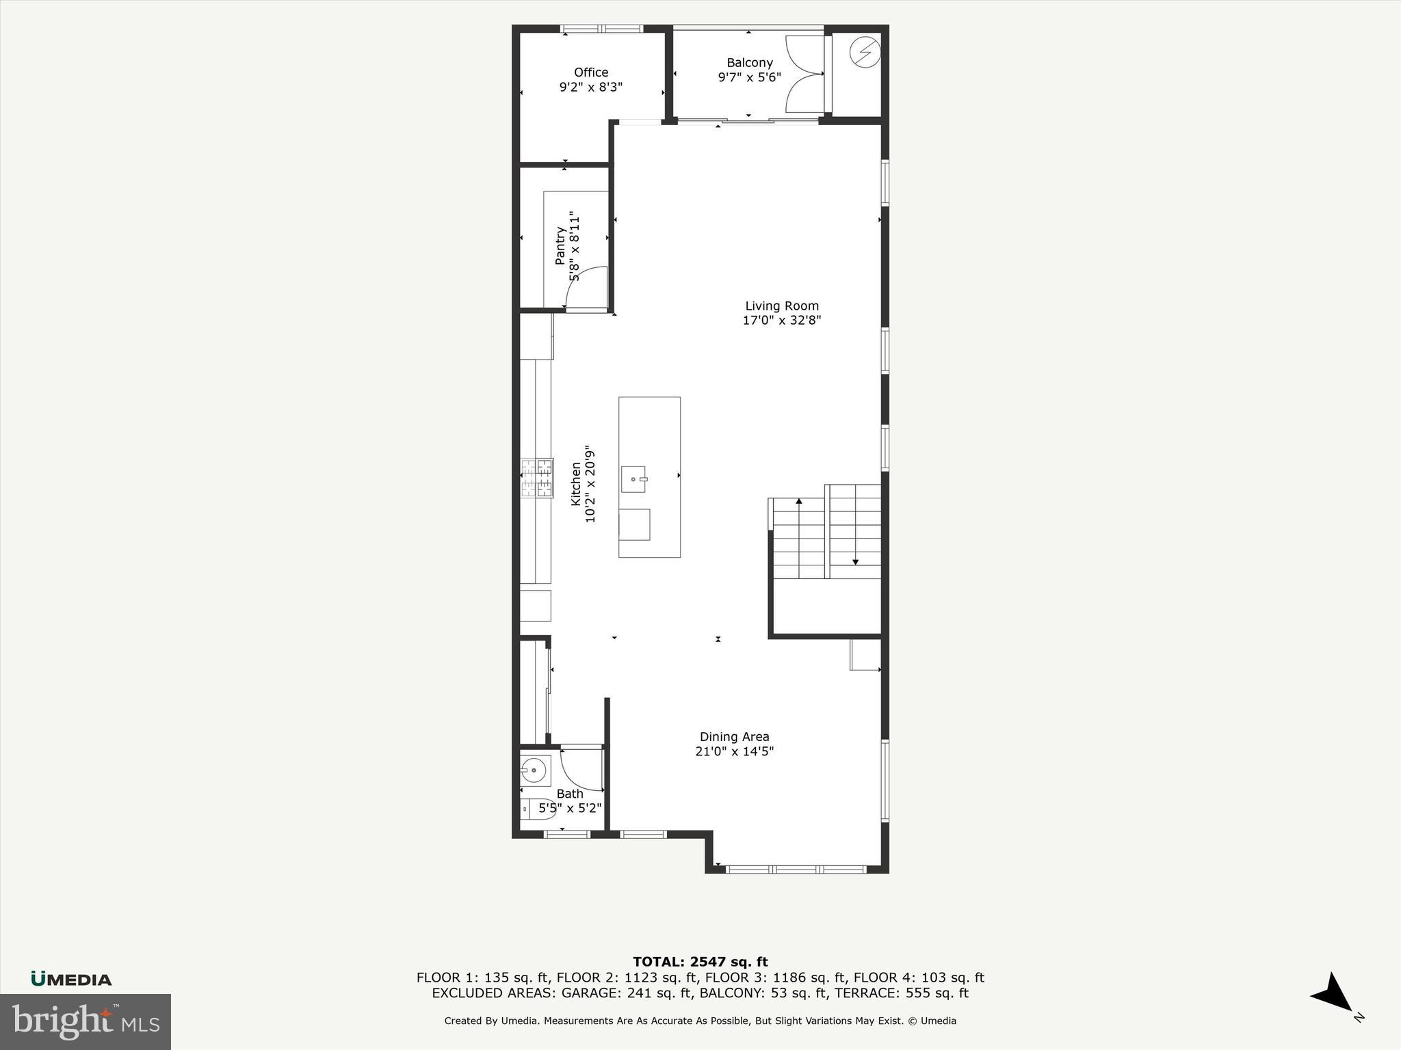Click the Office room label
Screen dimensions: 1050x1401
[591, 72]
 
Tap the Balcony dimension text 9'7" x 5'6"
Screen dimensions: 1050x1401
[749, 77]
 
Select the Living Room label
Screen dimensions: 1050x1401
[781, 306]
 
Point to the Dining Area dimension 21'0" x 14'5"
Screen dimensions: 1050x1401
[734, 751]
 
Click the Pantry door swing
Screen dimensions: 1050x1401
[587, 288]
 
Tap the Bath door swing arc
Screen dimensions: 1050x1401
[581, 768]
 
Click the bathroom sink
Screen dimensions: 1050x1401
[534, 770]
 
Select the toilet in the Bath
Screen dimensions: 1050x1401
[537, 809]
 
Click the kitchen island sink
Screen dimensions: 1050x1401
[633, 479]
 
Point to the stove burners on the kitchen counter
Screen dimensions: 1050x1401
[537, 478]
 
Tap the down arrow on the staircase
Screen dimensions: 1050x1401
[855, 561]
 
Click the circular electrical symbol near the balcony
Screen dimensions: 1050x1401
[865, 52]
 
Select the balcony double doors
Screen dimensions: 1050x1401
[805, 75]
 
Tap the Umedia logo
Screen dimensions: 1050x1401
[71, 979]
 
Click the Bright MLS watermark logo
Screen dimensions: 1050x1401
[86, 1021]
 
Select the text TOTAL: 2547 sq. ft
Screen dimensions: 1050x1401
[700, 962]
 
